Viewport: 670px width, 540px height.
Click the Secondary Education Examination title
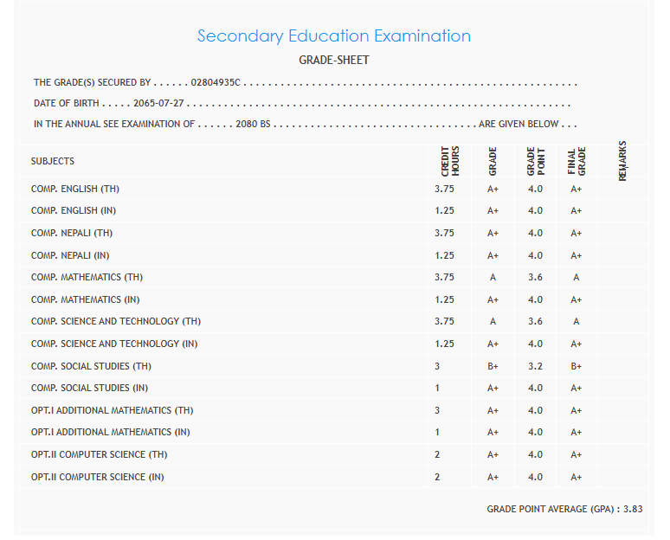[x=334, y=36]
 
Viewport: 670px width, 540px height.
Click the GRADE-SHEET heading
[x=334, y=61]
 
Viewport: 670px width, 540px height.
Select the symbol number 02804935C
[x=216, y=83]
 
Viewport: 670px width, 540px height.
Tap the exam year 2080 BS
[x=254, y=125]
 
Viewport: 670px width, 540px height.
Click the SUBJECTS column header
[x=53, y=161]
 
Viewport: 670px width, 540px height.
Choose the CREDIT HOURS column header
[x=450, y=161]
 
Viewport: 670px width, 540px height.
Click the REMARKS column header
[x=622, y=161]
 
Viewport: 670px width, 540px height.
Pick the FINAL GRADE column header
[x=577, y=161]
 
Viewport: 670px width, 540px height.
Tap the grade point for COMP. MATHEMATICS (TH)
[x=535, y=278]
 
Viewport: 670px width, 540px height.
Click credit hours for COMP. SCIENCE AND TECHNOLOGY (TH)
[x=444, y=322]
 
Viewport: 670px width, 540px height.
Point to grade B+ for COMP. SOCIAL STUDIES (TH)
[x=493, y=366]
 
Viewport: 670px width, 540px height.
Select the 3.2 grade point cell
[x=535, y=366]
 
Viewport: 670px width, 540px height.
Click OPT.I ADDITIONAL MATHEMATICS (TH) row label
[x=113, y=410]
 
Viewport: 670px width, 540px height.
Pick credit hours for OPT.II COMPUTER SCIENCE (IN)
[x=437, y=477]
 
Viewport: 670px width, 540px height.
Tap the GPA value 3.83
[x=633, y=510]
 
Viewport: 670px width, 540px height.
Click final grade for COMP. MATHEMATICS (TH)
[x=577, y=278]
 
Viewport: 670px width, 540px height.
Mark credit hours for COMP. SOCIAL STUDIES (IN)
[x=437, y=389]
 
